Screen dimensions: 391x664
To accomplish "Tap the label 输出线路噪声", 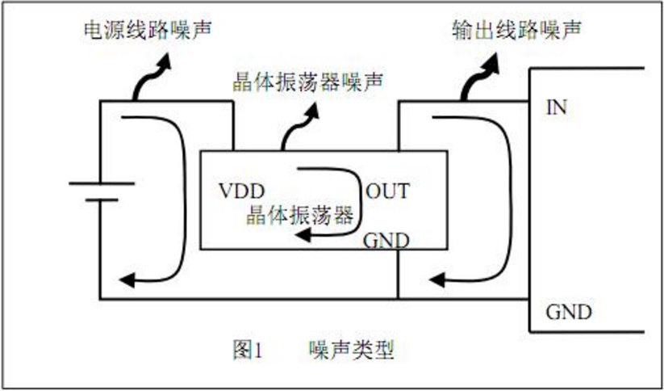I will point(516,31).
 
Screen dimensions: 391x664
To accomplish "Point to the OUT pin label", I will point(387,192).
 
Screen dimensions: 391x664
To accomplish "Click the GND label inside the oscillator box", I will point(386,240).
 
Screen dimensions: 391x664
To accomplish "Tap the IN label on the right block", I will point(557,107).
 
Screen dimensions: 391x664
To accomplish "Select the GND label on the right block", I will point(569,312).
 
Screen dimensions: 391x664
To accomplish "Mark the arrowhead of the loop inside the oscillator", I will point(299,234).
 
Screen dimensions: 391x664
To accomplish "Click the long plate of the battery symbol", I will point(98,183).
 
